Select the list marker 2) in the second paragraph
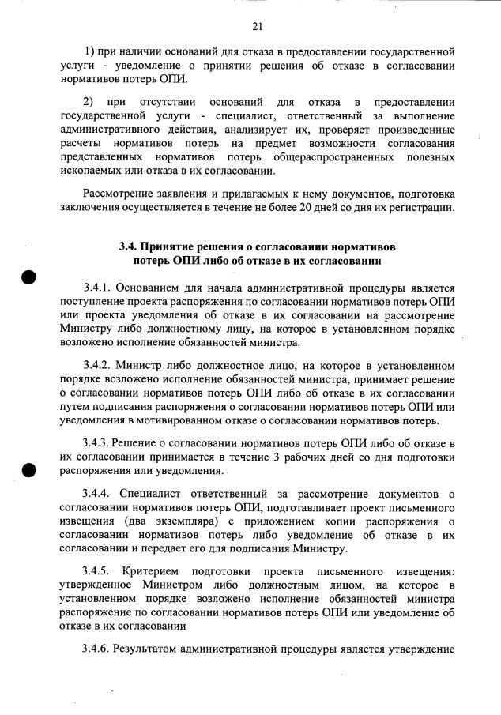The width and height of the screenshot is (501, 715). click(x=89, y=103)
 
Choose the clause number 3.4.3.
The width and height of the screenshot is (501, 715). click(x=98, y=444)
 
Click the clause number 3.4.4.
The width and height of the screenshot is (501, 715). click(x=98, y=495)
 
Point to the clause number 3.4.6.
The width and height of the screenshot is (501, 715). click(x=98, y=649)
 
